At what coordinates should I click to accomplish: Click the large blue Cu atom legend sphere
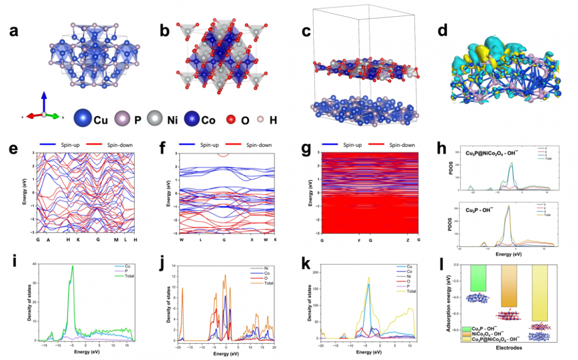tap(83, 119)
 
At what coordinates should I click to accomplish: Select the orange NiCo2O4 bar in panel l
tap(509, 285)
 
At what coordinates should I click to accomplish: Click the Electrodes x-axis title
tap(509, 349)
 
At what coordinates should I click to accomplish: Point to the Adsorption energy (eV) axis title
tap(453, 301)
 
